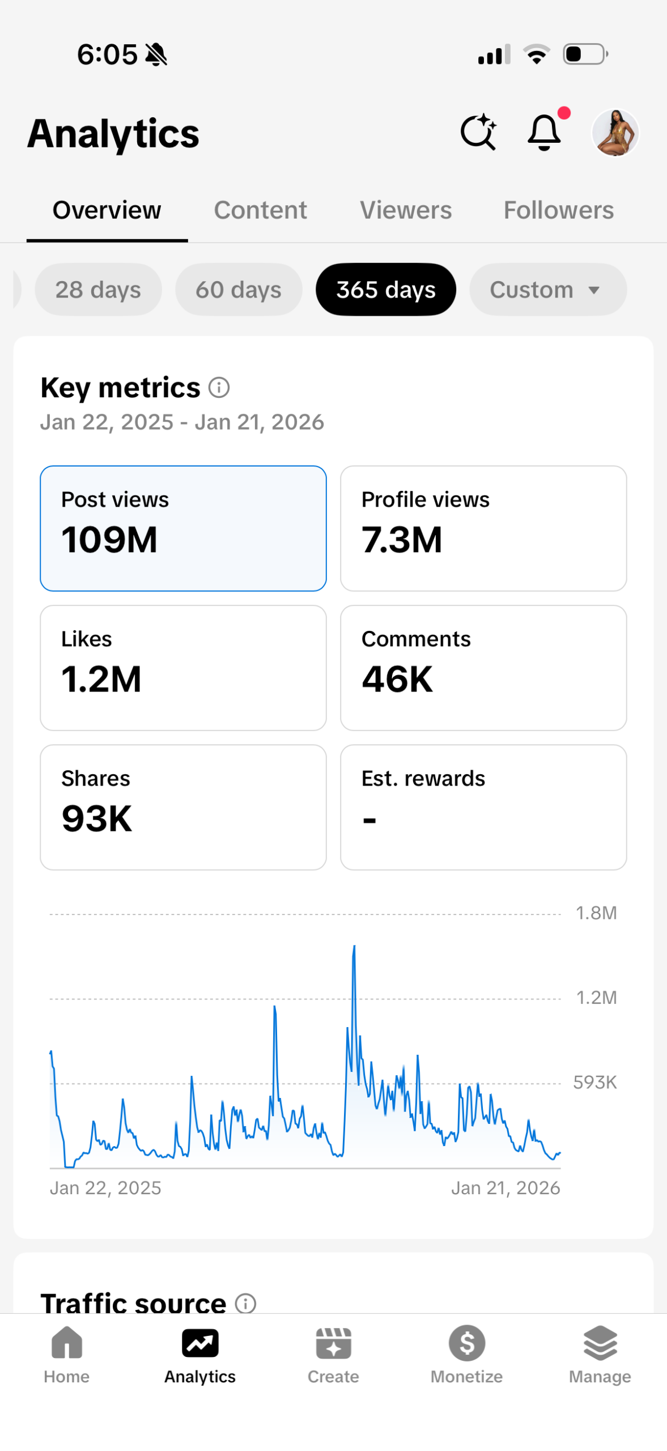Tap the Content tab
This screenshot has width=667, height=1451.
(x=260, y=210)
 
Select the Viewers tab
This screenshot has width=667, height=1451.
(x=406, y=210)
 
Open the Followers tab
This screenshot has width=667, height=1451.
(x=558, y=210)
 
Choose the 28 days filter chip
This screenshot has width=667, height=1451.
(x=98, y=290)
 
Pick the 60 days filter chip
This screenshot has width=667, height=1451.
(x=239, y=290)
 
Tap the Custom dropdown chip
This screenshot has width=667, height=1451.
(x=547, y=290)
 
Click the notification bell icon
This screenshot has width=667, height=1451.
(x=544, y=133)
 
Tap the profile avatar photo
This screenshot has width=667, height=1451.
(x=615, y=133)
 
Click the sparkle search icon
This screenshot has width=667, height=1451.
(x=478, y=133)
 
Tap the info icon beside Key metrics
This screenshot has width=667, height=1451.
(x=219, y=388)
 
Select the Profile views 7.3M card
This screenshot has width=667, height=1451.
(x=483, y=528)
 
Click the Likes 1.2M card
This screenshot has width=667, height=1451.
(x=183, y=667)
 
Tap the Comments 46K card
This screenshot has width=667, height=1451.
(x=483, y=667)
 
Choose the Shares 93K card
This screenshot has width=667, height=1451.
(x=183, y=807)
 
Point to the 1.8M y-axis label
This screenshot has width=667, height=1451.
(x=596, y=913)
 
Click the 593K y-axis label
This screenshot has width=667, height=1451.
(x=594, y=1083)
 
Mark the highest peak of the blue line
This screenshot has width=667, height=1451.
(x=355, y=947)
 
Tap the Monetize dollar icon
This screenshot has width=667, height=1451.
(x=466, y=1343)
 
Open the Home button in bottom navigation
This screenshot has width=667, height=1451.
(x=67, y=1352)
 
